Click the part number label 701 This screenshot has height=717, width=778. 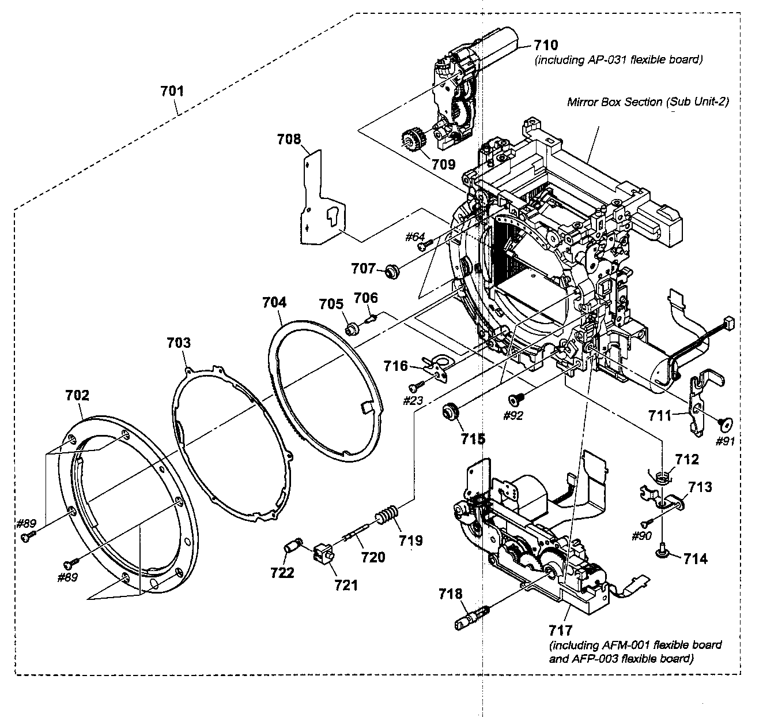172,91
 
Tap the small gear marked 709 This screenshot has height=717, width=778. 411,140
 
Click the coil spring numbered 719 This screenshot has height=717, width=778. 387,512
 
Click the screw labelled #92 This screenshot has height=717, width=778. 514,399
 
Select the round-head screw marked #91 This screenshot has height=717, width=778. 725,424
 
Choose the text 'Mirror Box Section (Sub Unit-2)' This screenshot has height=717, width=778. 648,102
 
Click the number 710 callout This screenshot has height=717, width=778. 546,45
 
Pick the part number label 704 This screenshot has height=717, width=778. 274,302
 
